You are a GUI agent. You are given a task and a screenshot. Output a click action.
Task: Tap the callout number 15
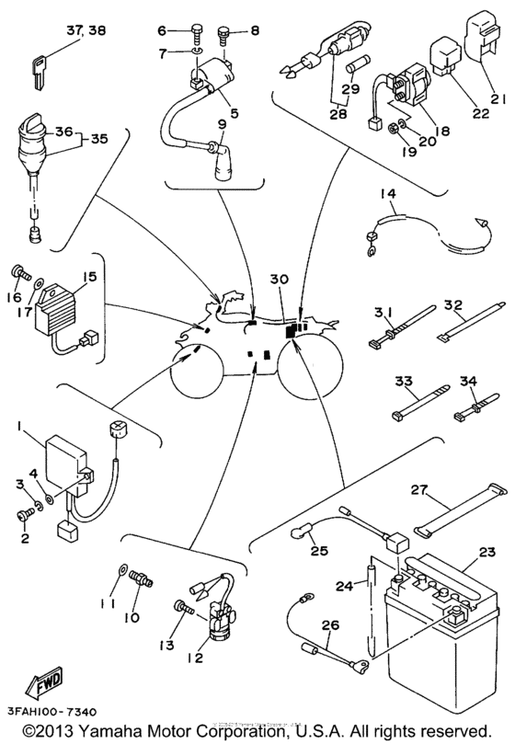coord(89,275)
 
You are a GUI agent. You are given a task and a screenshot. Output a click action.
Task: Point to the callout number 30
coord(279,279)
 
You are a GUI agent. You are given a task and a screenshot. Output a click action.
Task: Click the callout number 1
coord(18,426)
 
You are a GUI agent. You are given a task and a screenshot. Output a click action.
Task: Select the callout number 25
coord(318,551)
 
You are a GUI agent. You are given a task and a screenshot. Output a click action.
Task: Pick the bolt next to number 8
coord(223,35)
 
